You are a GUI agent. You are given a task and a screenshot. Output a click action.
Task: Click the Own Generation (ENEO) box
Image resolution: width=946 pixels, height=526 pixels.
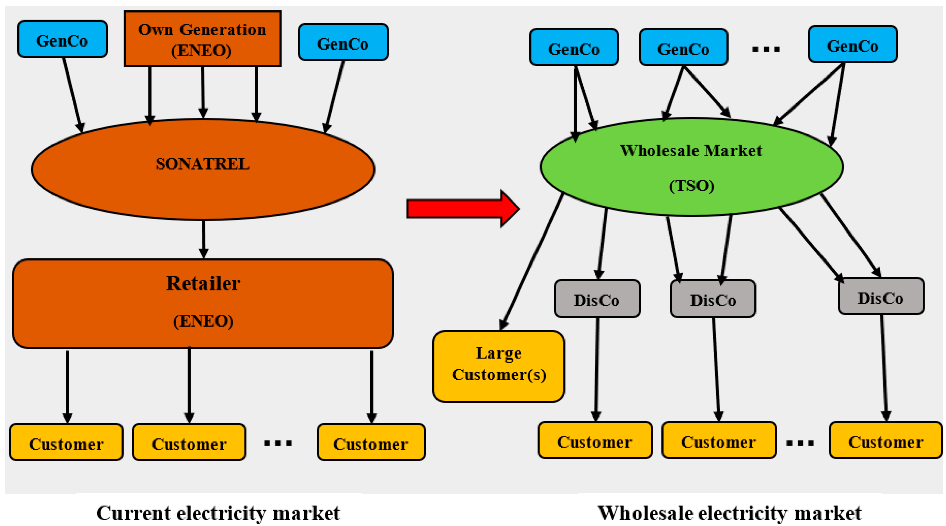tap(202, 39)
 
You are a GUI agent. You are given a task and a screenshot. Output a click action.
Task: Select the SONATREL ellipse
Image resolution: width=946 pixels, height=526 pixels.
tap(203, 169)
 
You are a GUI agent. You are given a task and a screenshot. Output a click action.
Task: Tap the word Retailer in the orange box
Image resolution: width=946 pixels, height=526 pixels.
tap(203, 284)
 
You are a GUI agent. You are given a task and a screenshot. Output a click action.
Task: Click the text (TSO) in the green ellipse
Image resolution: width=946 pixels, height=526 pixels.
tap(692, 186)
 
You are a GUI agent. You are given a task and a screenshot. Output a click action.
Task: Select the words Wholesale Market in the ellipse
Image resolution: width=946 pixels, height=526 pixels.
tap(691, 151)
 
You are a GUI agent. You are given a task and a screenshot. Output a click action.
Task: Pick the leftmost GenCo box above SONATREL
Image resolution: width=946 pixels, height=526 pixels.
tap(62, 39)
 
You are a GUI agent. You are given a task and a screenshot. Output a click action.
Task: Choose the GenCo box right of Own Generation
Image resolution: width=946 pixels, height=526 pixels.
tap(343, 42)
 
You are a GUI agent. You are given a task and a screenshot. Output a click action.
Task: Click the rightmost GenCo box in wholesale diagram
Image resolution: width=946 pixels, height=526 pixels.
tap(852, 44)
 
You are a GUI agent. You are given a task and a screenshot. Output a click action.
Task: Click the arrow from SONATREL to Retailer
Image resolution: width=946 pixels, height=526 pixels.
tap(203, 239)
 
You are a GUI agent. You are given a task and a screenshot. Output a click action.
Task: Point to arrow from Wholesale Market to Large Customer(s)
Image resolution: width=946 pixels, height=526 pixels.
tap(533, 261)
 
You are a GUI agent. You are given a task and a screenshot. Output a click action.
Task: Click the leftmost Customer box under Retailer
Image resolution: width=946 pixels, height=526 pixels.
tap(66, 442)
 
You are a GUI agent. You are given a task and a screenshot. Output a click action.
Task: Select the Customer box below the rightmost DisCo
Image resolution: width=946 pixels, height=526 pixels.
tap(885, 440)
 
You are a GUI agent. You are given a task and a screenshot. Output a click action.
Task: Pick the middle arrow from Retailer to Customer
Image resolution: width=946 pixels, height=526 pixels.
tap(189, 384)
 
